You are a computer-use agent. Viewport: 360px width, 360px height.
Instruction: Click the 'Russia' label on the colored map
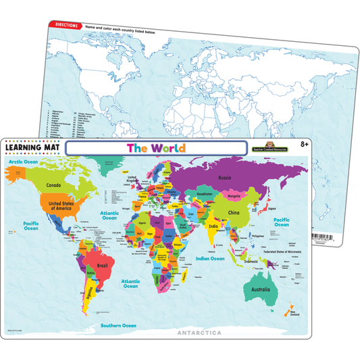tap(226, 178)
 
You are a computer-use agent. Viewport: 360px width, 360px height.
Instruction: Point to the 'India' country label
tap(213, 227)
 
